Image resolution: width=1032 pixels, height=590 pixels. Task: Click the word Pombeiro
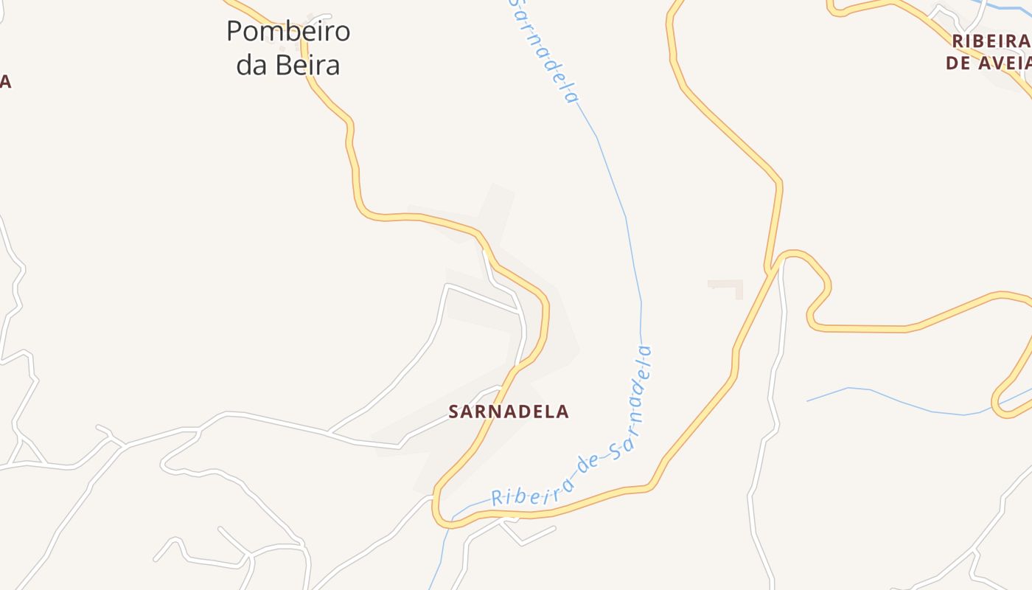287,32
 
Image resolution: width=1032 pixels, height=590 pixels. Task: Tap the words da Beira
287,65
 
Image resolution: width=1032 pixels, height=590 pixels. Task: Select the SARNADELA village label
509,412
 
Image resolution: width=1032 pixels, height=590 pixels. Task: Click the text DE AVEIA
988,63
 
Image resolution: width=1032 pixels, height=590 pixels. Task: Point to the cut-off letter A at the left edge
4,81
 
